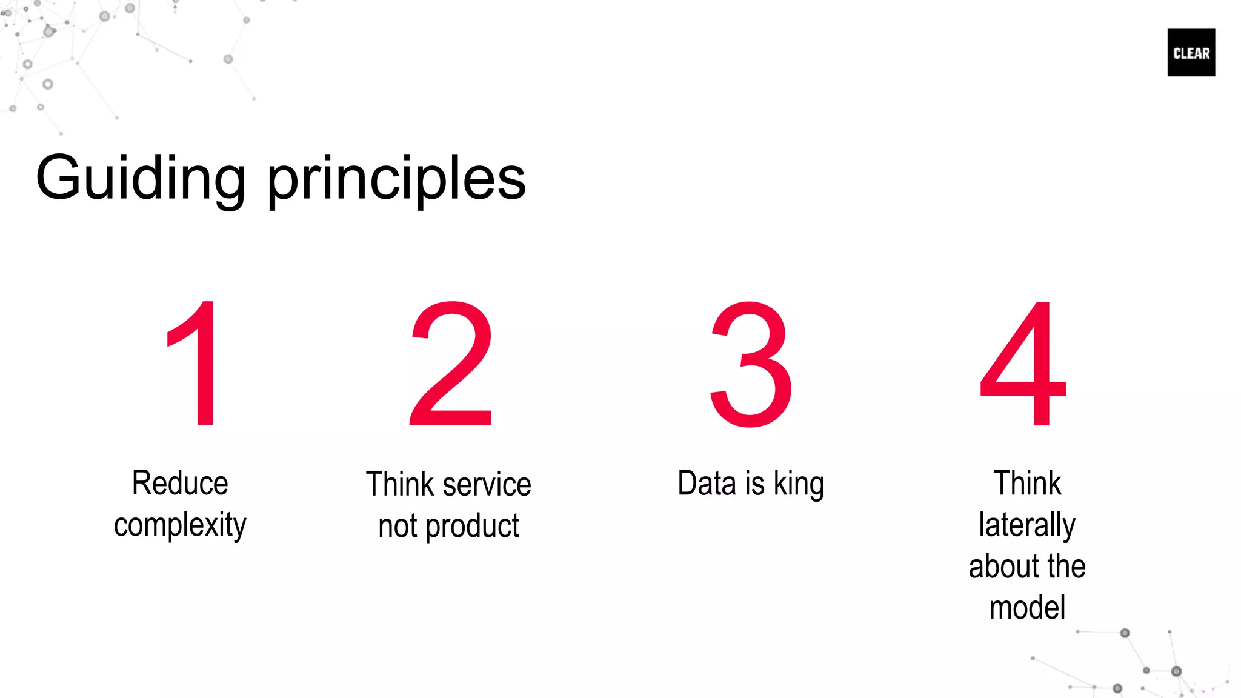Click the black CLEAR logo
click(x=1191, y=53)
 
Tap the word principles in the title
click(x=396, y=180)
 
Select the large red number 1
click(x=197, y=364)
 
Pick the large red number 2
click(x=451, y=364)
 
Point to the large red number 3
click(x=751, y=364)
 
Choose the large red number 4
click(x=1024, y=364)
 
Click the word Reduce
click(x=180, y=484)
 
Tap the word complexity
click(x=180, y=525)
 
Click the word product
click(x=472, y=526)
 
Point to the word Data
click(x=707, y=484)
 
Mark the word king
click(x=799, y=485)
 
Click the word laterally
click(x=1027, y=525)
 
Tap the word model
click(x=1027, y=608)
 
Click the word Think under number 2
click(x=401, y=485)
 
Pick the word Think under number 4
click(x=1027, y=484)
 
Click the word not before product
click(x=398, y=526)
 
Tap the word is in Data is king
click(x=754, y=484)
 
